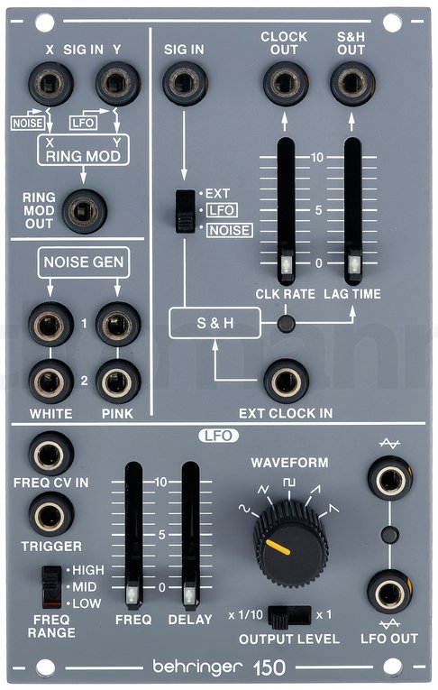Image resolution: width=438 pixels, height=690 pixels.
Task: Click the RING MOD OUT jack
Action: coord(84,212)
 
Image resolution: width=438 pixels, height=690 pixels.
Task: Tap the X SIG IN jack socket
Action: coord(50,84)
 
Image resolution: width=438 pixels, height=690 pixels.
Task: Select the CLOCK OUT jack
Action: coord(286,83)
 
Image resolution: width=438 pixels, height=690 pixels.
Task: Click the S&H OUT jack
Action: coord(352,83)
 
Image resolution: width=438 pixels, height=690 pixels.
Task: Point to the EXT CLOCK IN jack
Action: coord(286,382)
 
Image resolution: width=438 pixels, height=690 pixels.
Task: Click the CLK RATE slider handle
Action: coord(286,264)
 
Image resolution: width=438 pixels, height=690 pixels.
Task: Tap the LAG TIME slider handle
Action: coord(352,264)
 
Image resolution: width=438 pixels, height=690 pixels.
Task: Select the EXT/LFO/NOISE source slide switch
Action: coord(185,211)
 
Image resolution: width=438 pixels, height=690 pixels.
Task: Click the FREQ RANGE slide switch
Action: coord(52,587)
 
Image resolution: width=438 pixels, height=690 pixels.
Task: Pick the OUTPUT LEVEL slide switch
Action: coord(289,616)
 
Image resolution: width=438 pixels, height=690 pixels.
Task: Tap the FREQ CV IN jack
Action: coord(50,454)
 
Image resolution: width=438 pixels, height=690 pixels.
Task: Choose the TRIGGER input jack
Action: coord(51,514)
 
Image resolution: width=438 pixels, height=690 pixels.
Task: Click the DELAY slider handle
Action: coord(190,594)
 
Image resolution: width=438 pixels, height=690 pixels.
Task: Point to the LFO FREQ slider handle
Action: coord(133,594)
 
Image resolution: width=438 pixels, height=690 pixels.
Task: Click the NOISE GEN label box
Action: coord(84,262)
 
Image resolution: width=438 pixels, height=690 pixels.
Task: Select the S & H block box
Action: coord(215,323)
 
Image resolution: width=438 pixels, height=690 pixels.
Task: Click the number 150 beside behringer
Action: coord(269,667)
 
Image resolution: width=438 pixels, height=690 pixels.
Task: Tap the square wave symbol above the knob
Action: coord(289,482)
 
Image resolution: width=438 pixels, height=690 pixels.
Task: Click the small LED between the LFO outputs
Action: coord(389,535)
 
